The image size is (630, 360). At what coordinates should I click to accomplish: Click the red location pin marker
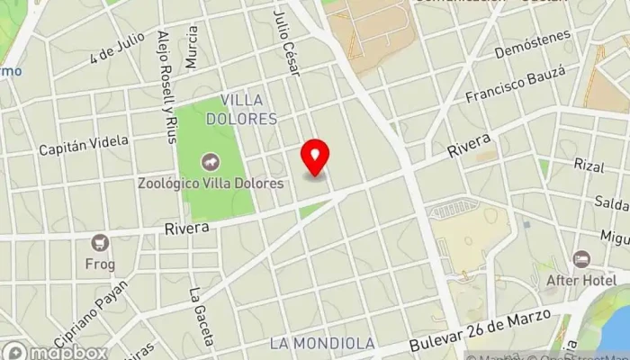(x=315, y=157)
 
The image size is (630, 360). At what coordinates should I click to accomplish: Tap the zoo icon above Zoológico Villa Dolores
(x=210, y=162)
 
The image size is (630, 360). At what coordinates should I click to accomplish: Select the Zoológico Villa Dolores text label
(x=211, y=183)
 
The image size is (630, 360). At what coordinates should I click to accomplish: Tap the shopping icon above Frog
(x=100, y=241)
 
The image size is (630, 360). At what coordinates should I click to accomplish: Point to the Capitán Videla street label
(x=84, y=146)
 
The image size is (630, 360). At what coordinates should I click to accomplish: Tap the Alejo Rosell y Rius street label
(x=166, y=86)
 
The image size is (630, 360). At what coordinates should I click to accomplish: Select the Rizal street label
(x=589, y=164)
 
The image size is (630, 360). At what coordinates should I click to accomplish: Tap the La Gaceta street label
(x=201, y=317)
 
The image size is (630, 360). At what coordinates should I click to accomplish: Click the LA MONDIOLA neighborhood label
(x=321, y=344)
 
